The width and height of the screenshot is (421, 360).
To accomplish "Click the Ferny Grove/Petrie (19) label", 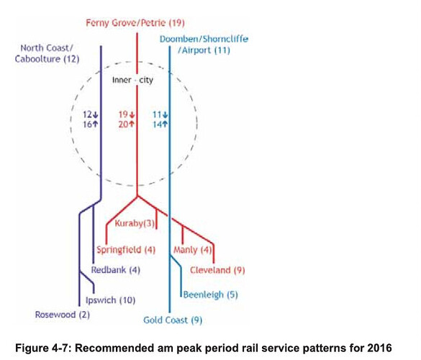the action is [x=135, y=23].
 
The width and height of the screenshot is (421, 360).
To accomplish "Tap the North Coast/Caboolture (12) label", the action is [x=47, y=53].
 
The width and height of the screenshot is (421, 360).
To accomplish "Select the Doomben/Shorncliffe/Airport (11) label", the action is [x=204, y=45].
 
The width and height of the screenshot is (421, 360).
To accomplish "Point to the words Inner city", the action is [x=132, y=80].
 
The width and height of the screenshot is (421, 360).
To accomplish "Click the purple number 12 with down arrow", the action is [x=91, y=114].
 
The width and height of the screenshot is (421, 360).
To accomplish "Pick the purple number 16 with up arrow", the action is [x=91, y=125].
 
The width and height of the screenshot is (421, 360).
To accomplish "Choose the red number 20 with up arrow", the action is [x=127, y=125].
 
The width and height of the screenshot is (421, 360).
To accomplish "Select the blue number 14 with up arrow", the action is [x=160, y=125].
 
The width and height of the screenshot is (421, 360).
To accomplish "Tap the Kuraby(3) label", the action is [x=135, y=223].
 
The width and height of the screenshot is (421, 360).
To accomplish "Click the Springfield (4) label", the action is [x=126, y=250].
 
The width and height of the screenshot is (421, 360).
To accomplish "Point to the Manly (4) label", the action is [x=193, y=250].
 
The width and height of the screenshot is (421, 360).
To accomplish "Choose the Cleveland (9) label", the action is [x=217, y=270].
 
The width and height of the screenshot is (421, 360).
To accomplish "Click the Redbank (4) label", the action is [x=116, y=270].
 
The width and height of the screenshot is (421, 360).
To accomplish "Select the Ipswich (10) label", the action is [x=110, y=300].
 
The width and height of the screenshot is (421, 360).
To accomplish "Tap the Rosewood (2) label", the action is [x=63, y=315].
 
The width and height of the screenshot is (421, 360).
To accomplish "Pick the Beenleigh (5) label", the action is [x=210, y=294].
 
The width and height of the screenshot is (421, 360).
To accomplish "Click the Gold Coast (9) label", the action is [x=173, y=320].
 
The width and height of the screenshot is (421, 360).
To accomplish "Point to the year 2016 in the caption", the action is [x=379, y=348].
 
